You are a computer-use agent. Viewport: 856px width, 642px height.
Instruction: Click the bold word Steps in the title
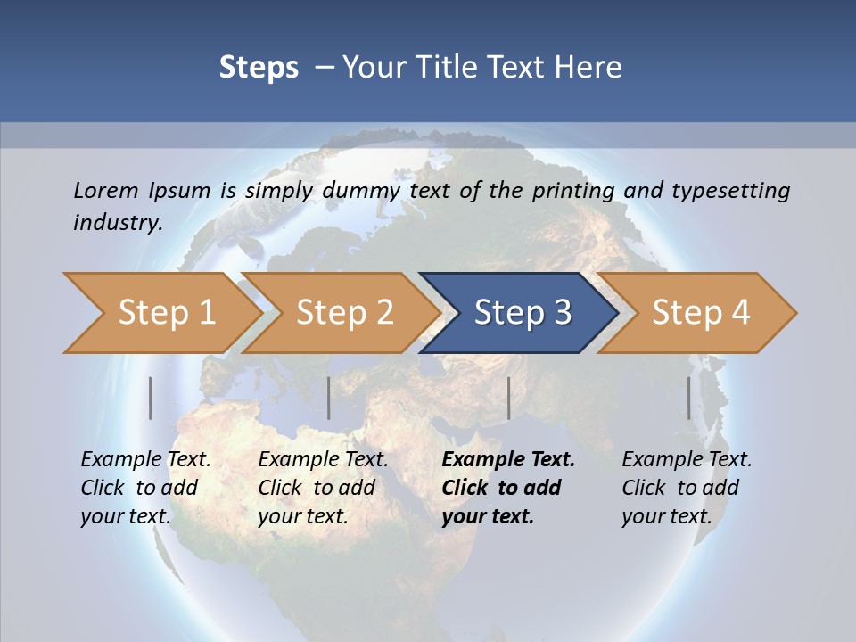pos(259,68)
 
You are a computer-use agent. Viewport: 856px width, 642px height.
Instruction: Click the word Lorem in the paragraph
pos(105,190)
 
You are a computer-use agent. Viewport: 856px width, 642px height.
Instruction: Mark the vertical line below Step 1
pos(151,398)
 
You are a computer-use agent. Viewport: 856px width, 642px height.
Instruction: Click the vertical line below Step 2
pos(329,398)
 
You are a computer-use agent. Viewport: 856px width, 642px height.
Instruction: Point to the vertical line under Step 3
pos(508,398)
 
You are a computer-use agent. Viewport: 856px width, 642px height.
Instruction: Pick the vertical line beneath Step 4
pos(689,398)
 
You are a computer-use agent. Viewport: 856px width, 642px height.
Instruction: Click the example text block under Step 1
pos(145,488)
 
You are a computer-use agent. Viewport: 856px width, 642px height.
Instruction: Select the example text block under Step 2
pos(323,488)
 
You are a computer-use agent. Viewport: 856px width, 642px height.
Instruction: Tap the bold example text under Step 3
pos(507,488)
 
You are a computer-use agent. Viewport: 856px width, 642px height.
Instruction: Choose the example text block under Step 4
pos(687,488)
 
